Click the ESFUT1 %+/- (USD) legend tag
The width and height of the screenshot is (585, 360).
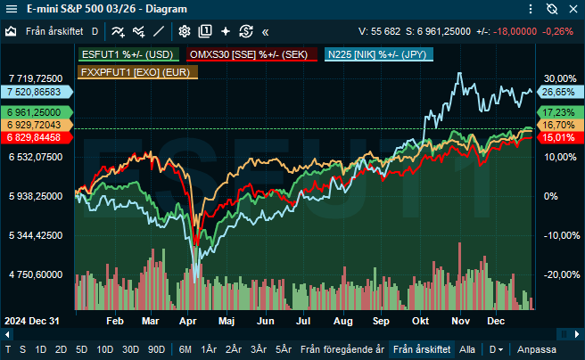pyautogui.click(x=128, y=54)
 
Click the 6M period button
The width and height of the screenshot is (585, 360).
pyautogui.click(x=185, y=348)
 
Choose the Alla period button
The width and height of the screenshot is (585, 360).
pyautogui.click(x=467, y=348)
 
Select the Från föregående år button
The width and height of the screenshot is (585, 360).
pyautogui.click(x=342, y=348)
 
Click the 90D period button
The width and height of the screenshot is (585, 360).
pyautogui.click(x=157, y=348)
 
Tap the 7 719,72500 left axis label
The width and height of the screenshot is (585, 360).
pyautogui.click(x=36, y=78)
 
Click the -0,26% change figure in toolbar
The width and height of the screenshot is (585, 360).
pyautogui.click(x=558, y=30)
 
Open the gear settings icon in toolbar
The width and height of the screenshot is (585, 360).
pyautogui.click(x=184, y=30)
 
